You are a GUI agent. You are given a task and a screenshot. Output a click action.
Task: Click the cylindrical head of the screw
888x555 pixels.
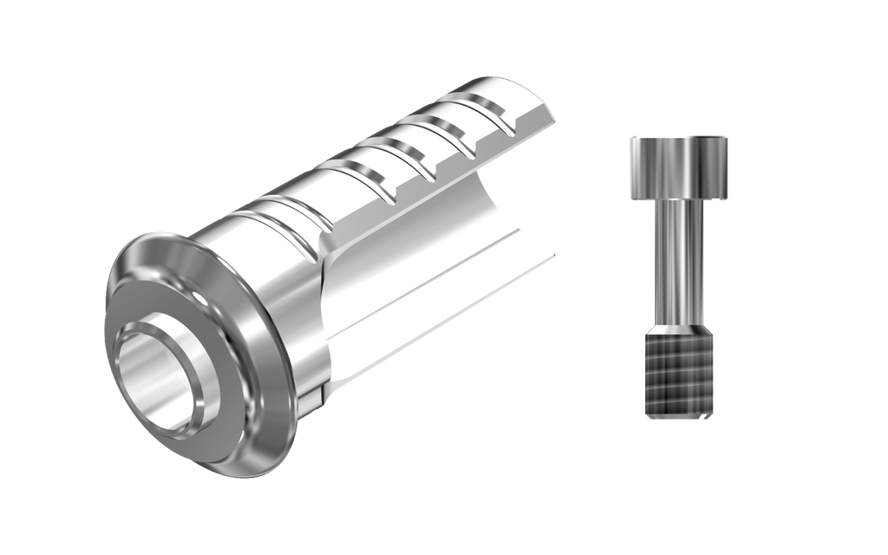676,166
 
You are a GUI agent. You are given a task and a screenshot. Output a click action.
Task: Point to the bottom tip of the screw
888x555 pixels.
677,418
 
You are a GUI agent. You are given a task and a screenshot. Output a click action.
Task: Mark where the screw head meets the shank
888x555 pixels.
676,201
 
